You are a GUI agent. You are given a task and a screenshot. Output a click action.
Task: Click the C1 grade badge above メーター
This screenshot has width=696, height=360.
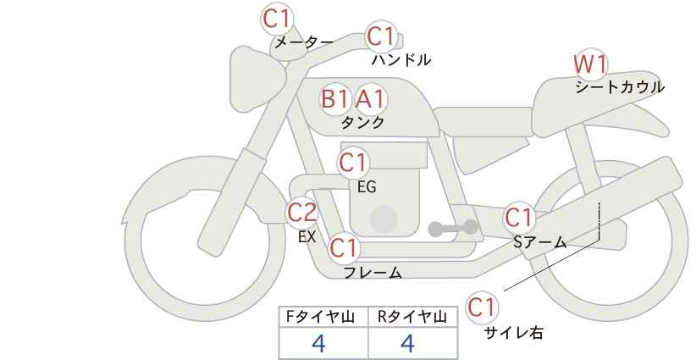[277, 19]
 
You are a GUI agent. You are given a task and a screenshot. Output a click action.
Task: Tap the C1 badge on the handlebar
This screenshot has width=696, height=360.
[381, 36]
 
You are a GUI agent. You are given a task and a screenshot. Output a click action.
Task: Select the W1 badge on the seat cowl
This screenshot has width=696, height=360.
[590, 65]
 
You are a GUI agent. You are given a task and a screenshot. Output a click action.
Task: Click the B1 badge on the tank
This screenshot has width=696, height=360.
[334, 99]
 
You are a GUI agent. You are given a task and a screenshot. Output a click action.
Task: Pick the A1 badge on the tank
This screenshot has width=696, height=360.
[371, 99]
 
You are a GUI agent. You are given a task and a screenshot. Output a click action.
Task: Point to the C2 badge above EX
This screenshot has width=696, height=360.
[301, 213]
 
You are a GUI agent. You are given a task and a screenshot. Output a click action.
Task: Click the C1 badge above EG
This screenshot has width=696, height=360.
[353, 163]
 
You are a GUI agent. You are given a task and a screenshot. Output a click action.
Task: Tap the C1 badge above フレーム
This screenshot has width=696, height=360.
[344, 247]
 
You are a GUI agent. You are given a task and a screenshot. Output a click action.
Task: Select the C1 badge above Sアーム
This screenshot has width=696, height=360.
[519, 218]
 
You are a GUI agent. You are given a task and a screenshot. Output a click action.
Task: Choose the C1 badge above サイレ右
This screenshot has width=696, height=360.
[481, 307]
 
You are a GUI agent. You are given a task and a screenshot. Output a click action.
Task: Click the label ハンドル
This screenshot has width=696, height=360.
[401, 60]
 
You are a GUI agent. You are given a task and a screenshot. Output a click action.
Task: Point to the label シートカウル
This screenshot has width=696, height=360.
[620, 87]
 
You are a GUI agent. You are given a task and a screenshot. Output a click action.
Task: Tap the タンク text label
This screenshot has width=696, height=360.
[362, 123]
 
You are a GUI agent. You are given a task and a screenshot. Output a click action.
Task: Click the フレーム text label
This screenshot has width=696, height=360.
[373, 273]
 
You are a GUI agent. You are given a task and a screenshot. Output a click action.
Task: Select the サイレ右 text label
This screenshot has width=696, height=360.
[514, 333]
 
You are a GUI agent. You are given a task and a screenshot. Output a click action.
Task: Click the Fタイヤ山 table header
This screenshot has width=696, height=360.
[320, 317]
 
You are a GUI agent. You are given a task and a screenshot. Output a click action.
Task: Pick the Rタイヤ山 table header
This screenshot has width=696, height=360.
[412, 317]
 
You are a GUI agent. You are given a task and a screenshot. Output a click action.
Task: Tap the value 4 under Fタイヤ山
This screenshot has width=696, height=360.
[318, 343]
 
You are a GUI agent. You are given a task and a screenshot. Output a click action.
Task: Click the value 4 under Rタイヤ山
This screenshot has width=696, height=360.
[407, 343]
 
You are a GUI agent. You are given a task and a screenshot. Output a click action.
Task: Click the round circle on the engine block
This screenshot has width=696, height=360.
[384, 219]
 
